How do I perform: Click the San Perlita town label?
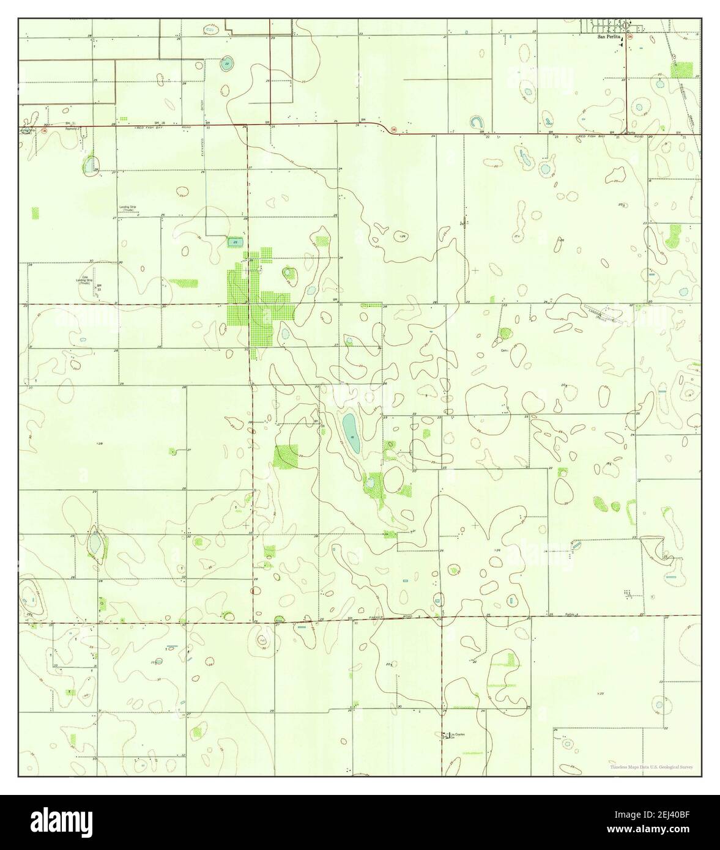pyautogui.click(x=609, y=37)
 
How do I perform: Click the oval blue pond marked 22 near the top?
pyautogui.click(x=227, y=64)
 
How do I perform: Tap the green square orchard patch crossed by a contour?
pyautogui.click(x=286, y=456)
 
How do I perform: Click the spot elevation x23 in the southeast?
pyautogui.click(x=599, y=693)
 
